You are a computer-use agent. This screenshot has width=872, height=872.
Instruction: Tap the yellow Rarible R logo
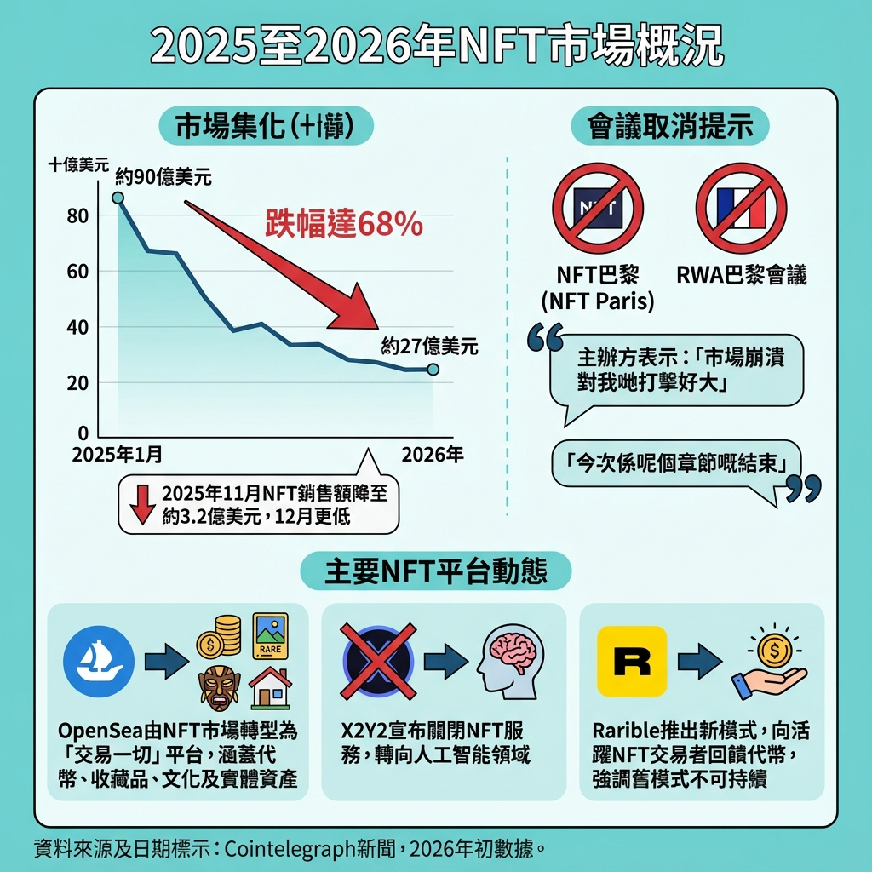coord(632,662)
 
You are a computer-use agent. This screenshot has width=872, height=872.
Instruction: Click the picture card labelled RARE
coord(271,635)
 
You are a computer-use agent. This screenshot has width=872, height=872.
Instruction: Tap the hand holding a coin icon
coord(768,663)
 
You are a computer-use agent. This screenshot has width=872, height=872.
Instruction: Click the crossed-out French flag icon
coord(741,208)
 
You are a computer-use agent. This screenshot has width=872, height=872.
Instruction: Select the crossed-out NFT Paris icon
coord(598,208)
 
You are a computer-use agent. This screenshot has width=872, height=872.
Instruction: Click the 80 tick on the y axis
coord(77,216)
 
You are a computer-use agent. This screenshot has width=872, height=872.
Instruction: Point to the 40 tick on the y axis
coord(77,327)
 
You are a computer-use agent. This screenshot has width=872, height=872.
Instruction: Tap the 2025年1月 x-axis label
coord(118,455)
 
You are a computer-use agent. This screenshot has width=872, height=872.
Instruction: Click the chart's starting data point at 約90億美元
coord(118,198)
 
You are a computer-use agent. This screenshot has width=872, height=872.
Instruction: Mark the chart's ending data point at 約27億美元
coord(433,370)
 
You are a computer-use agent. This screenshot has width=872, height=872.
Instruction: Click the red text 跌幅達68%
coord(344,223)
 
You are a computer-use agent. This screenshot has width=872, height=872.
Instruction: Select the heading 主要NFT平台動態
coord(435,571)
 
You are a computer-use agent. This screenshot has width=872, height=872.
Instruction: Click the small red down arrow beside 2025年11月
coord(142,503)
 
